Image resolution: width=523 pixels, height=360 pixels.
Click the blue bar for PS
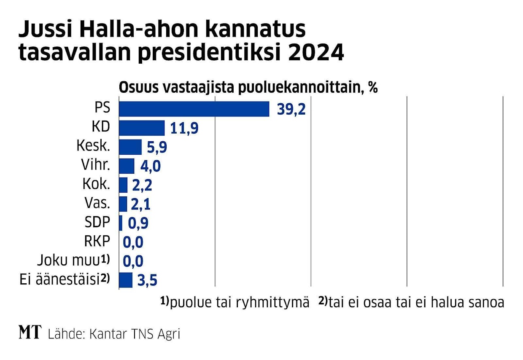194,109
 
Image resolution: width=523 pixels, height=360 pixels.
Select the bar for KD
142,128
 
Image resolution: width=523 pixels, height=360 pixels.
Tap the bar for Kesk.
130,147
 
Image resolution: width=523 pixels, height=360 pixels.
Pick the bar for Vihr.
127,166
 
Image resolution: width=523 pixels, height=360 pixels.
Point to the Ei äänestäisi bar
126,280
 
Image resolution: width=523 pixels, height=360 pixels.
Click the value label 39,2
291,110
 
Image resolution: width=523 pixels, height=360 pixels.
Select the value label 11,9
184,129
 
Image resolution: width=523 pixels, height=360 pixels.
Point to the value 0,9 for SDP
138,223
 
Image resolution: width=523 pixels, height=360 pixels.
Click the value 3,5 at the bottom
148,280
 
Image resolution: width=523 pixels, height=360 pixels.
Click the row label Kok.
97,185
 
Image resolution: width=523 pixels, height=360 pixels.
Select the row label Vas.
97,204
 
